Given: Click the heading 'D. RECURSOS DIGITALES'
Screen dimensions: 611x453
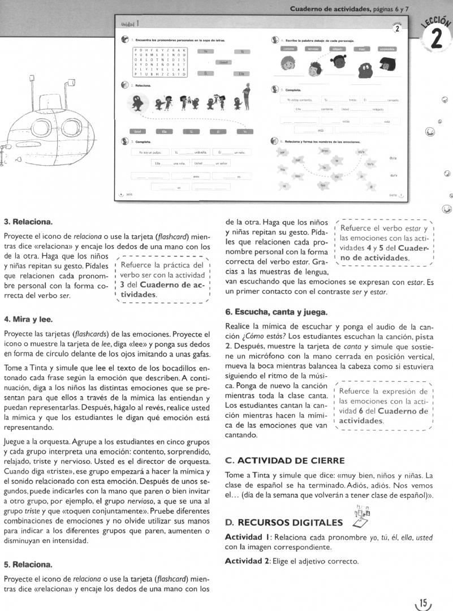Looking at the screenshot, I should coord(284,522).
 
